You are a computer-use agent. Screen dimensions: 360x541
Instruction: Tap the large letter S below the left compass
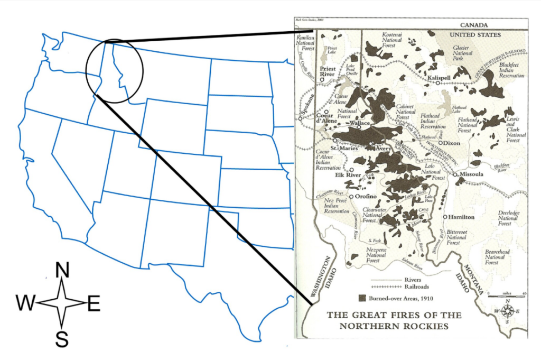click(62, 339)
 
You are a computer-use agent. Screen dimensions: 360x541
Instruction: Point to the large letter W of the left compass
click(26, 303)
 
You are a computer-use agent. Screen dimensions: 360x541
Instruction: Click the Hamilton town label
click(462, 217)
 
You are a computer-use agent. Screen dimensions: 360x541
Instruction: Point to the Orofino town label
click(365, 197)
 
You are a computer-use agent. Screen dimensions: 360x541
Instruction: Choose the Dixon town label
click(452, 143)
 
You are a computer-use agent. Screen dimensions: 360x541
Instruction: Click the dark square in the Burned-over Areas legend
click(362, 298)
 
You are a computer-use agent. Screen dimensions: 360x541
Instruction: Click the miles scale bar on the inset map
click(507, 296)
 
